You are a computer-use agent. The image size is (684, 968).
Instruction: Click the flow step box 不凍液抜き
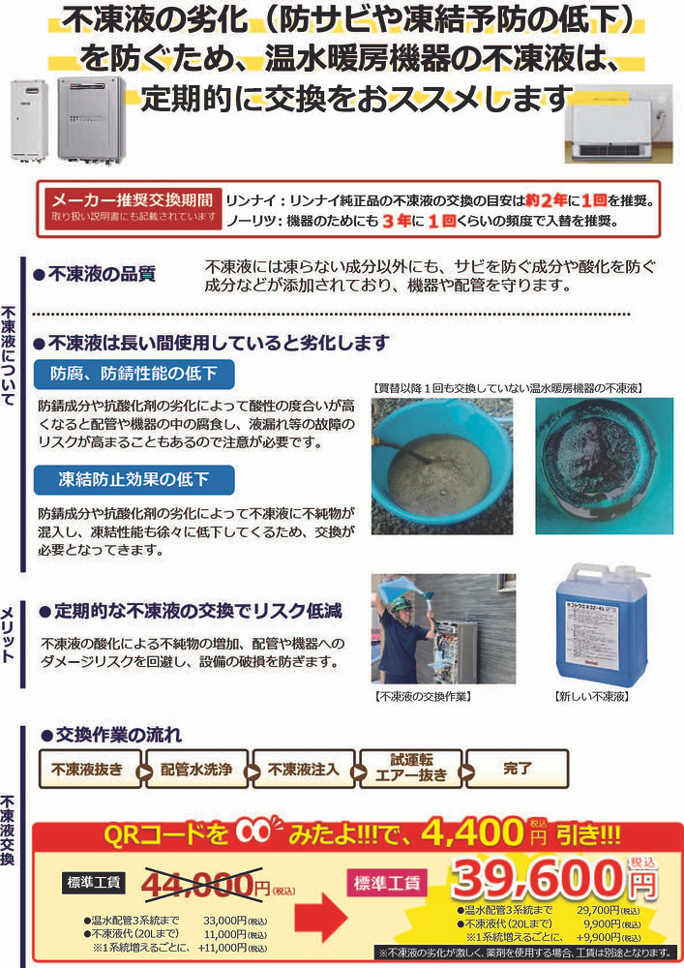point(87,770)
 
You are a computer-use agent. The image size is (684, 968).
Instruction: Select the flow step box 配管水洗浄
point(196,770)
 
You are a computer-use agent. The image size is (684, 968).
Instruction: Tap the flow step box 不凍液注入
point(304,770)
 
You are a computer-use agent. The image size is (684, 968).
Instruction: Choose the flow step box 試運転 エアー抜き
point(410,767)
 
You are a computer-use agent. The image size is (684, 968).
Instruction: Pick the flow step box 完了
point(518,769)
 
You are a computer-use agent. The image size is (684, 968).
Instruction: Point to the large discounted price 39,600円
point(542,880)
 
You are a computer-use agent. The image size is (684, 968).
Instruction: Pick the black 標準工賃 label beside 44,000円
point(94,881)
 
